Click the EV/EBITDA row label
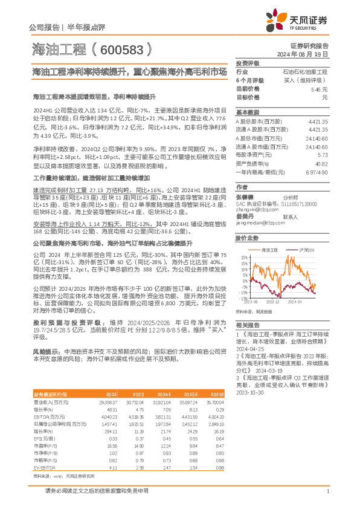46,451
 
